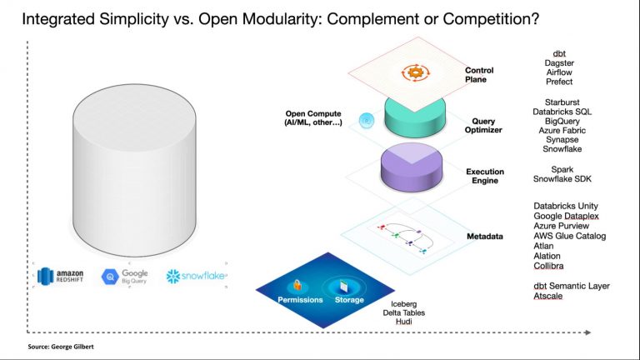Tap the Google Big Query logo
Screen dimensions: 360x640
[125, 277]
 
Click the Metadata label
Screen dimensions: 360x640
[485, 237]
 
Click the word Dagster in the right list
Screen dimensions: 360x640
[558, 62]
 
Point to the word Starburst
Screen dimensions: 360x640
[558, 101]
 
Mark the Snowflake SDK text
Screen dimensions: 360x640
[562, 178]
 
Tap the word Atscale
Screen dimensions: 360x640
[552, 296]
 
